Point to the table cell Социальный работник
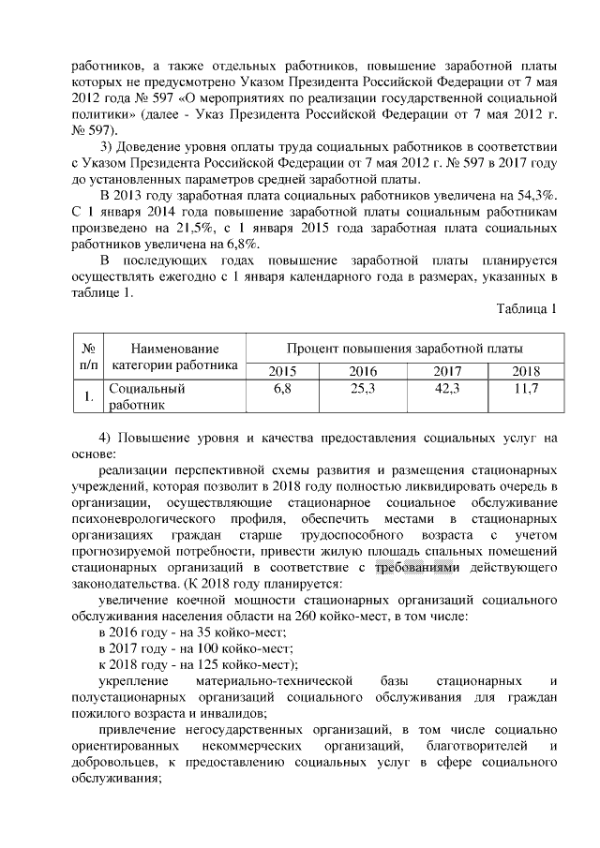pos(146,396)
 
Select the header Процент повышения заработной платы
pos(405,348)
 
